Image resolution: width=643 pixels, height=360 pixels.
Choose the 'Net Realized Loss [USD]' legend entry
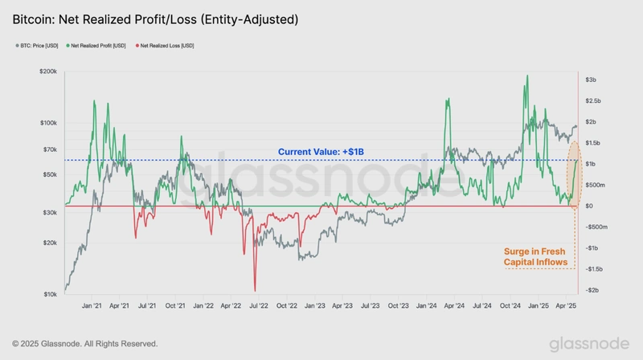[166, 46]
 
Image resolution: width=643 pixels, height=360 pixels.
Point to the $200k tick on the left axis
[47, 72]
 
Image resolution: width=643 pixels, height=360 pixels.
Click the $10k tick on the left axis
[49, 294]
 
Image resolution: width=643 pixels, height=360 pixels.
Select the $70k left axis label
[49, 150]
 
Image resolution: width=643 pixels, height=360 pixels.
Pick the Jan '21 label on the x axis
[92, 306]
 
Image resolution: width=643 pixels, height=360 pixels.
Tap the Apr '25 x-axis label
[566, 306]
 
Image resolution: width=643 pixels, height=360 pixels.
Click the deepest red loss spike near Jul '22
[255, 289]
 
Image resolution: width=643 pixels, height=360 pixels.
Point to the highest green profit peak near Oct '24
[526, 76]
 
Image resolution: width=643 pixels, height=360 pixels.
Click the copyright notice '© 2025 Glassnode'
[84, 343]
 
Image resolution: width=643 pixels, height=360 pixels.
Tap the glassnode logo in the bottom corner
[589, 344]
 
